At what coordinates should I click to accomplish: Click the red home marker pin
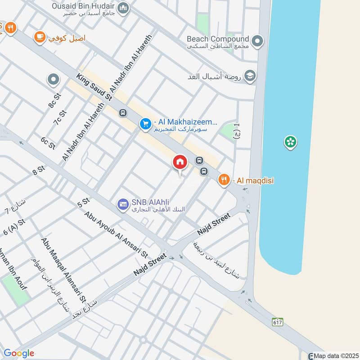pos(180,162)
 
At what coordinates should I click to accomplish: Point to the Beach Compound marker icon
pos(257,42)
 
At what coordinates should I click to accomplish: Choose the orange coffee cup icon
pos(40,37)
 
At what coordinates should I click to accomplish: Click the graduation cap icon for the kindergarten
pos(250,76)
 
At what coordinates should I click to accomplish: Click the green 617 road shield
pos(277,322)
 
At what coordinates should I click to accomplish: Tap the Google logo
pos(18,353)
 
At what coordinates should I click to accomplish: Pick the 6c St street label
pos(48,143)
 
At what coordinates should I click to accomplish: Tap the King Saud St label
pos(94,87)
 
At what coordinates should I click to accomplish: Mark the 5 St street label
pos(83,203)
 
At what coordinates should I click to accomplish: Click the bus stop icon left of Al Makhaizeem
pos(122,113)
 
